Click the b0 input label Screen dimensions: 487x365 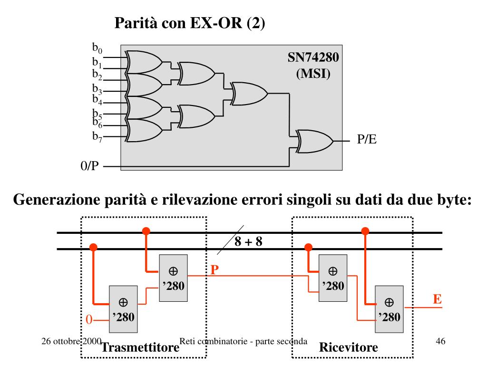tap(97, 48)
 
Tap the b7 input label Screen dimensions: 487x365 tap(97, 136)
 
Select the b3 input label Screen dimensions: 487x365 tap(97, 89)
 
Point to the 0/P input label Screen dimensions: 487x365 tap(89, 166)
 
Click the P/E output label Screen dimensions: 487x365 tap(367, 139)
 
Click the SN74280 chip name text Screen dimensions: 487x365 tap(313, 58)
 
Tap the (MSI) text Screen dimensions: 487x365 tap(313, 74)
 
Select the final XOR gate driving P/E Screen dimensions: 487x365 tap(314, 141)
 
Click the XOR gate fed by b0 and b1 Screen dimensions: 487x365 tap(144, 62)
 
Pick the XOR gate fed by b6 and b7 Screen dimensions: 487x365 tap(144, 131)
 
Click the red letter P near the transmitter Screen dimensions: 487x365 tap(214, 270)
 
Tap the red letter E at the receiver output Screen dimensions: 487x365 tap(438, 299)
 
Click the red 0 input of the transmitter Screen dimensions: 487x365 tap(89, 319)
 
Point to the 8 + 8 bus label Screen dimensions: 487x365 tap(248, 241)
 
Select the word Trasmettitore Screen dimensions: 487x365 tap(140, 347)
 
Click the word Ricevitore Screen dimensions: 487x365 tap(349, 347)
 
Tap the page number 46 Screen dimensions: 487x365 tap(440, 341)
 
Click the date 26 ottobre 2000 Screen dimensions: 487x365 tap(71, 341)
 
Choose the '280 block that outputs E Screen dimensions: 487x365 tap(389, 309)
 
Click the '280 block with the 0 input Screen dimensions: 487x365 tap(123, 309)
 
